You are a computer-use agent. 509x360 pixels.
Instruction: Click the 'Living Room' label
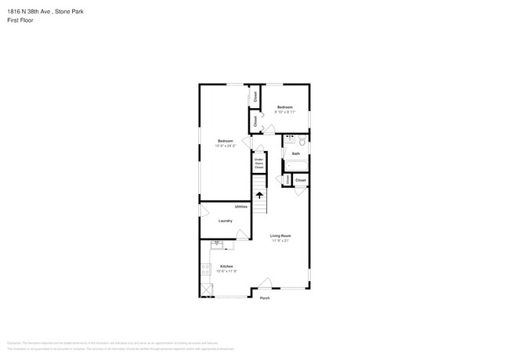[280, 236]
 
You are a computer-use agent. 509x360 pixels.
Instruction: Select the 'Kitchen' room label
[226, 266]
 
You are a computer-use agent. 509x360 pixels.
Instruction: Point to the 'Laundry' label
[225, 221]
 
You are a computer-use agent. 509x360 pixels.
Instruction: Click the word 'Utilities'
[241, 207]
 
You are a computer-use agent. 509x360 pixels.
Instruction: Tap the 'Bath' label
[296, 153]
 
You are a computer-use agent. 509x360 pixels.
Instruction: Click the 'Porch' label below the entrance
[265, 297]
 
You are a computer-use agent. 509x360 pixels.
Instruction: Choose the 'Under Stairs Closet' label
[258, 164]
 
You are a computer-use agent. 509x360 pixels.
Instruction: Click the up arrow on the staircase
[259, 196]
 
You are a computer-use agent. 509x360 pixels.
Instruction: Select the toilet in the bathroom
[302, 141]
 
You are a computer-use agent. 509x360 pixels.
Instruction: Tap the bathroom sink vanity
[289, 140]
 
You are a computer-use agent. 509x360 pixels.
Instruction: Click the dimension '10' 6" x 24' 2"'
[226, 146]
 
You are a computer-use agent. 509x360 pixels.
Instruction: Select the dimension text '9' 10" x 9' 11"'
[284, 112]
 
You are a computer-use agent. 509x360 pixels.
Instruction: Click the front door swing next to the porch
[265, 283]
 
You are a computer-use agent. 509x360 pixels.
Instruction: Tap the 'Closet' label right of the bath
[301, 181]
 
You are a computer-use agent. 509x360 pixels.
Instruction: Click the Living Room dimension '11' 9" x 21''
[280, 240]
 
